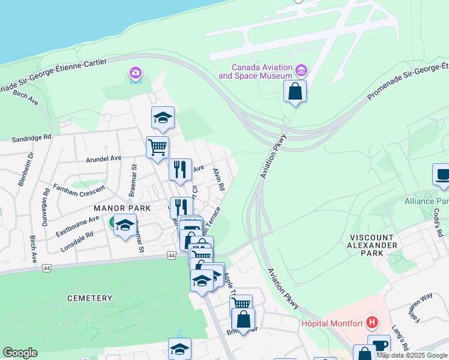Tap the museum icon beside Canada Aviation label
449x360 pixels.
pyautogui.click(x=301, y=71)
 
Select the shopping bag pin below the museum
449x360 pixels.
pyautogui.click(x=295, y=92)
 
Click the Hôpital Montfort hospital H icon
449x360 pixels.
pyautogui.click(x=372, y=323)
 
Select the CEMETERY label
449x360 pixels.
pyautogui.click(x=90, y=298)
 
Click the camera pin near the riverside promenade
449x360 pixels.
pyautogui.click(x=136, y=74)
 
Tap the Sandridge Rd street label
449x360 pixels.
pyautogui.click(x=31, y=137)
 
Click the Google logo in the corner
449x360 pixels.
pyautogui.click(x=20, y=353)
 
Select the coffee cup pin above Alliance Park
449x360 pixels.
pyautogui.click(x=442, y=174)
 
